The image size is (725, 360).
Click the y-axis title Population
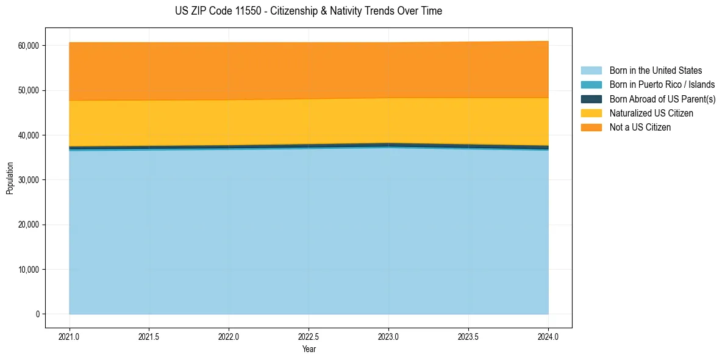coord(10,178)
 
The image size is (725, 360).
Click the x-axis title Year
coord(309,350)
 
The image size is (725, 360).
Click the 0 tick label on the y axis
coord(37,314)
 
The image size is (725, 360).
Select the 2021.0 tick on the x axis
coord(70,336)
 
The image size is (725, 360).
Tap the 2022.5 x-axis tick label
coord(309,336)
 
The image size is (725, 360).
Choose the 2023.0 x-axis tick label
coord(389,336)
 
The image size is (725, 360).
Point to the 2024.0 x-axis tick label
coord(548,336)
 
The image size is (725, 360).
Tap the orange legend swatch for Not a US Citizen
coord(591,128)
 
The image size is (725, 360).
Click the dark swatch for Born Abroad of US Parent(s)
coord(591,99)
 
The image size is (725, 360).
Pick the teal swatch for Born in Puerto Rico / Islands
coord(591,85)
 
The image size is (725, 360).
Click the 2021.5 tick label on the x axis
coord(149,336)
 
